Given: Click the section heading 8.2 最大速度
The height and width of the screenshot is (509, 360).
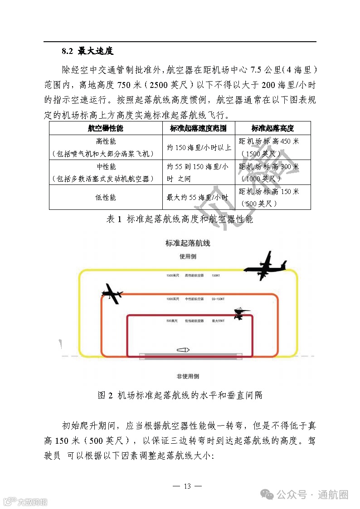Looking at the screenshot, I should point(88,51).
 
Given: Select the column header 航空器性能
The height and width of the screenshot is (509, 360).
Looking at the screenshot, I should point(106,128).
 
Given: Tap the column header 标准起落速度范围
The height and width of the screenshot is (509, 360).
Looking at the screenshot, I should point(199,128).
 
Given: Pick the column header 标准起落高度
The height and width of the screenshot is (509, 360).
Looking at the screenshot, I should point(272,128).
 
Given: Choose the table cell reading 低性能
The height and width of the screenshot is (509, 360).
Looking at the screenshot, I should point(106,197).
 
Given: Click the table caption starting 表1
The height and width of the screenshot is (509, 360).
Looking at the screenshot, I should point(180,219).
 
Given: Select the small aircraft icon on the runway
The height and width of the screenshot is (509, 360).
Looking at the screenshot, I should point(182,350).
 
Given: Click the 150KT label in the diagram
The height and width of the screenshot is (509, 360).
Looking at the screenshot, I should point(216,275).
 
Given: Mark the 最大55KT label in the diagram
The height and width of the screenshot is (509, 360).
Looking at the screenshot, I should point(218,321).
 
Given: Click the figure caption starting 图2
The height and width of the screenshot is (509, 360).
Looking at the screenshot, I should point(180,395).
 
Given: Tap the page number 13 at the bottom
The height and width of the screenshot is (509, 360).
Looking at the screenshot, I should point(187,486).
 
